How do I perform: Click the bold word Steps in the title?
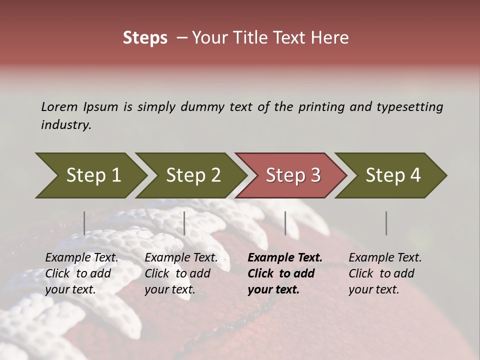(x=145, y=38)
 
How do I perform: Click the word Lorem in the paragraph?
(x=59, y=106)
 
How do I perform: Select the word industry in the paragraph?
(x=66, y=125)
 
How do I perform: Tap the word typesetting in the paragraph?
(x=409, y=106)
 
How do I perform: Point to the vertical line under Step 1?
(x=84, y=223)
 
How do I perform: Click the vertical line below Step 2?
(x=184, y=223)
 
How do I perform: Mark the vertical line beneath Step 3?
(x=285, y=223)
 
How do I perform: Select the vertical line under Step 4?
(x=386, y=223)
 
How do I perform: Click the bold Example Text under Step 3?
(x=285, y=258)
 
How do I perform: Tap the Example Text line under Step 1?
(x=81, y=258)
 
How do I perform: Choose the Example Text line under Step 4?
(x=385, y=258)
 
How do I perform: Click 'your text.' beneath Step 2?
(x=170, y=289)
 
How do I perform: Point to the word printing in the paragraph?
(x=322, y=106)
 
